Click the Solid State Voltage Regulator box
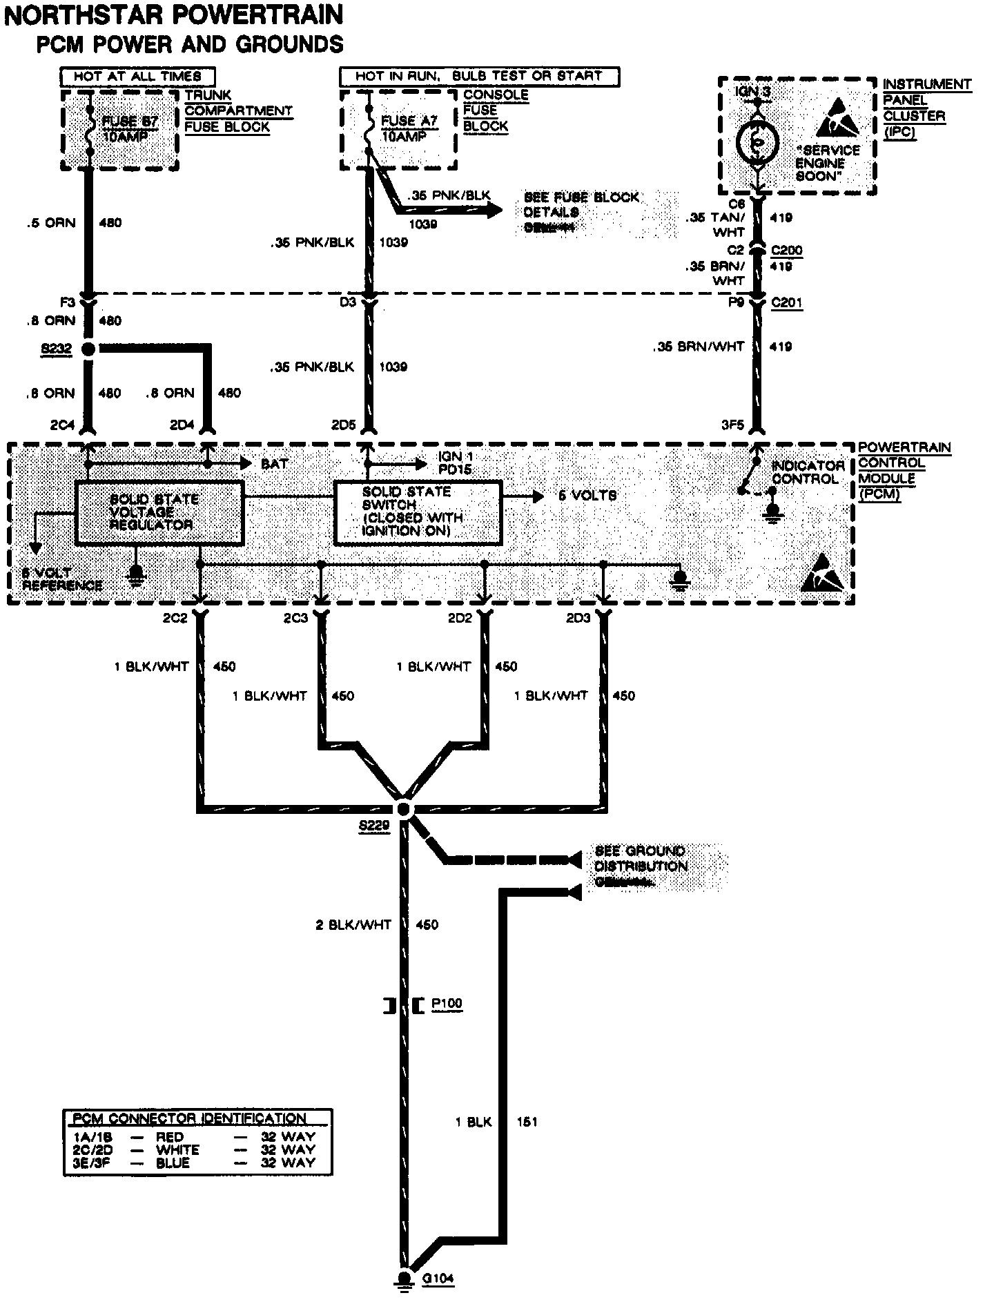click(x=159, y=512)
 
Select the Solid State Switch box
click(x=417, y=512)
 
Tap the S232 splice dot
click(x=88, y=349)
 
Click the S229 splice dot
click(x=405, y=809)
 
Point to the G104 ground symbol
click(x=403, y=1279)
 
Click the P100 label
click(x=447, y=1004)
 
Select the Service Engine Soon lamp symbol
click(x=757, y=142)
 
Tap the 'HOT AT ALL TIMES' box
click(x=137, y=76)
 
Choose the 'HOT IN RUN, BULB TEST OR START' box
click(x=479, y=76)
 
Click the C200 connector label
click(x=786, y=251)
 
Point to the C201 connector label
click(x=786, y=302)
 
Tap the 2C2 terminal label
click(x=175, y=618)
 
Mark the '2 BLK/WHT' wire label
click(x=353, y=925)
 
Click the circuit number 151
click(x=527, y=1123)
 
